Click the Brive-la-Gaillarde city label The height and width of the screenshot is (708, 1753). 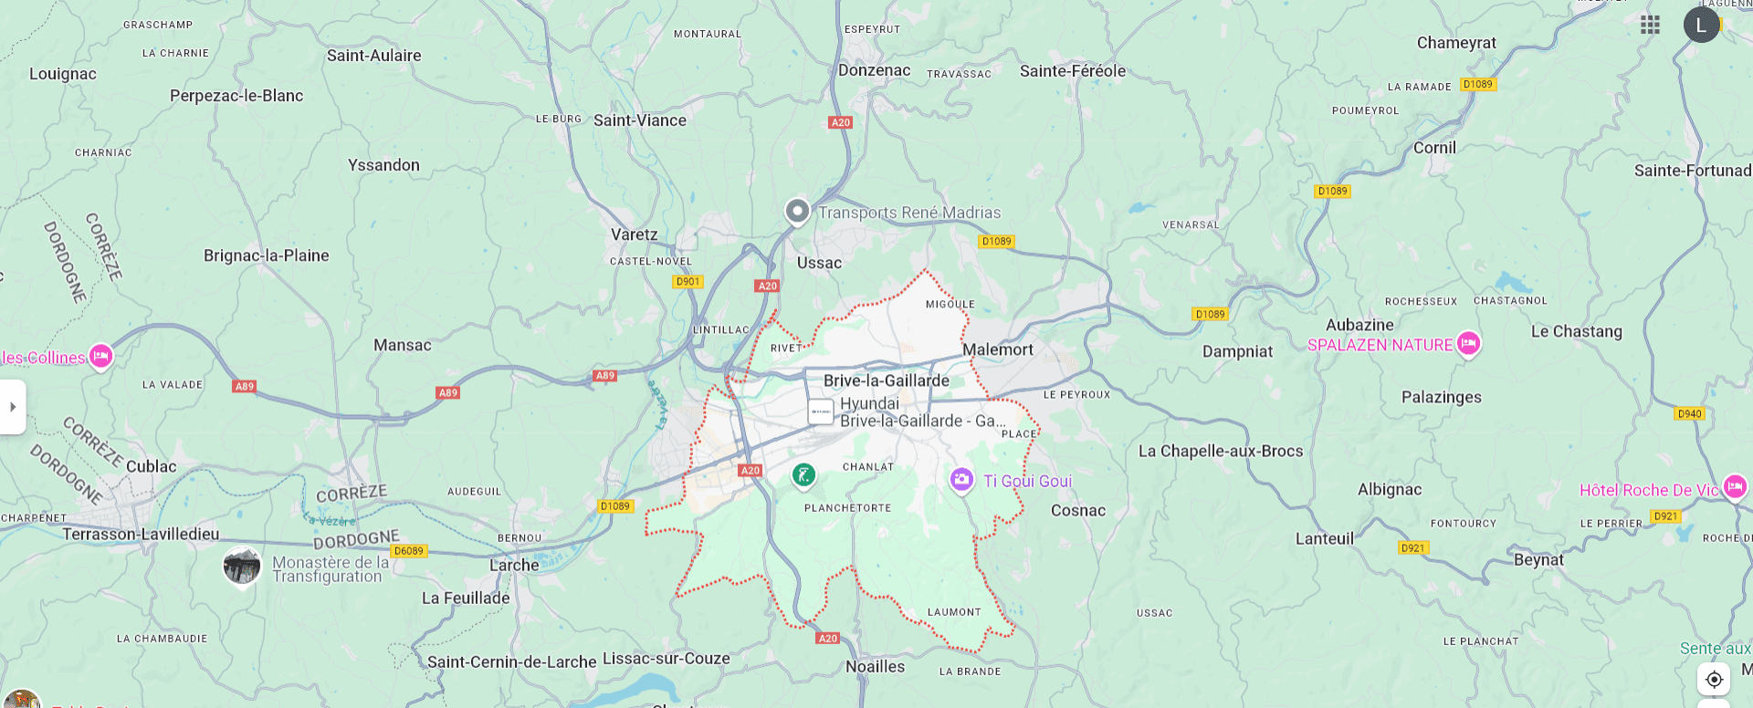coord(886,380)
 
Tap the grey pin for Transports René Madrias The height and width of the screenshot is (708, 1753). coord(797,212)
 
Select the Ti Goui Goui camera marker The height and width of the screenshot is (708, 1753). coord(960,479)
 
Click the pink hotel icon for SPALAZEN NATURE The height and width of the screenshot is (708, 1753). coord(1468,343)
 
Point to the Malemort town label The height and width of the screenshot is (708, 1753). coord(997,349)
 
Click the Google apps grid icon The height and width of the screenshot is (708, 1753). coord(1649,25)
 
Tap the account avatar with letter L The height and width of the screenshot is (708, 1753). coord(1700,25)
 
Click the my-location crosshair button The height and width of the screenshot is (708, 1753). coord(1714,679)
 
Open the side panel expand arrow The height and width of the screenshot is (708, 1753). coord(13,407)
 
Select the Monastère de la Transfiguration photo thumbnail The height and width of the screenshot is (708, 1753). coord(242,567)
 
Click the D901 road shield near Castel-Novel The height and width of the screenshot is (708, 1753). coord(688,282)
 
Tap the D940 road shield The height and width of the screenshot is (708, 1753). coord(1689,413)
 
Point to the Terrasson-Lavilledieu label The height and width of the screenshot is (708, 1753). coord(141,534)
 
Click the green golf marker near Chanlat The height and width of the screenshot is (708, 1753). coord(803,474)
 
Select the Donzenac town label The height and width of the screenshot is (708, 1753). coord(874,70)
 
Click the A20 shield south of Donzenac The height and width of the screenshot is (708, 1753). coord(840,122)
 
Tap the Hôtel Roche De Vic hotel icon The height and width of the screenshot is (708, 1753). coord(1735,487)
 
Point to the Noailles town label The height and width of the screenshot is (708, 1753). coord(875,667)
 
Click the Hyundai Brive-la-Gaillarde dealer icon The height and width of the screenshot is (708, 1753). coord(821,411)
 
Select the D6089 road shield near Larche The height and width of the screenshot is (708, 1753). coord(408,551)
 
